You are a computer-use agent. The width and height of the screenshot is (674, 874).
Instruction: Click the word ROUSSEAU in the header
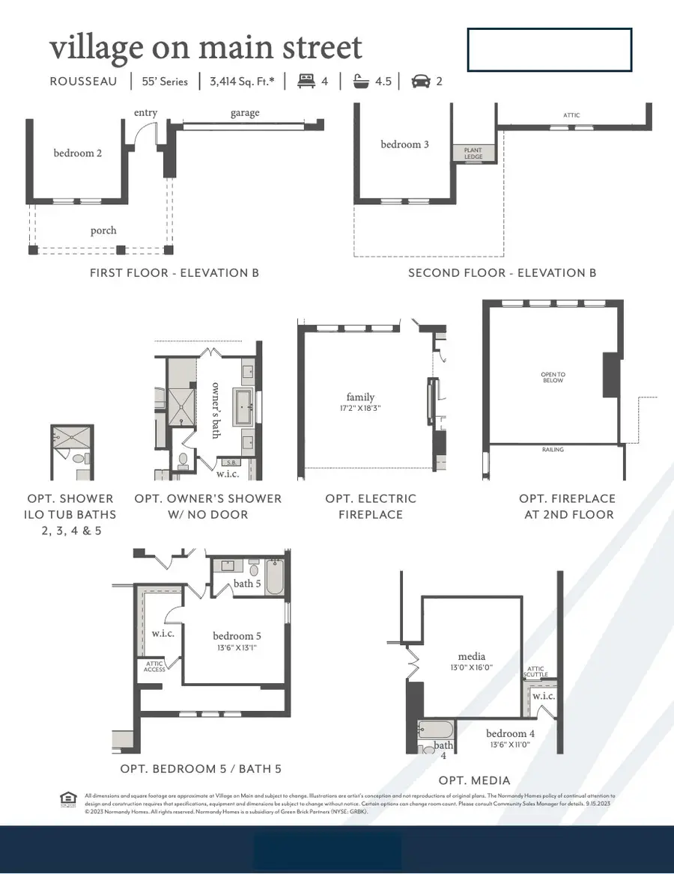83,81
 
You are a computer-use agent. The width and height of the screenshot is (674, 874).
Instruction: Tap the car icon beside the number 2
422,81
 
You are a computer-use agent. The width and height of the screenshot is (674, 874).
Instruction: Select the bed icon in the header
306,81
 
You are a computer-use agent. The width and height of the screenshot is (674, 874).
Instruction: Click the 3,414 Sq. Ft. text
242,81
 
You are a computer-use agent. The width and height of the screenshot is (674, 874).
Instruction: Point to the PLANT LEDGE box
473,153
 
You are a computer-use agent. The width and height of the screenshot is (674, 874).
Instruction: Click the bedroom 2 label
77,153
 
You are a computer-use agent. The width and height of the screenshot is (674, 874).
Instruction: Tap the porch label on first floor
103,230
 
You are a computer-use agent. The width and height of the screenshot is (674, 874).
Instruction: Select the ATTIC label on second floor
571,115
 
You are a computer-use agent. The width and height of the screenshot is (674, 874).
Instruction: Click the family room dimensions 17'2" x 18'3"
360,409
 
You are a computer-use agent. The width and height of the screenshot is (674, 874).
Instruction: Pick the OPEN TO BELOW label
553,377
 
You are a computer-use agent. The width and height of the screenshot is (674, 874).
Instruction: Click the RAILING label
553,450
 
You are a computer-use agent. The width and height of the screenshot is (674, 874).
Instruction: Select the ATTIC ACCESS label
154,666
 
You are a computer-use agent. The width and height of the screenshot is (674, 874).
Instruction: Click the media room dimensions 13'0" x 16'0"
472,667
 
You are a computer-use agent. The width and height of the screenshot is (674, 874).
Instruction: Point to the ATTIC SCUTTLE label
536,672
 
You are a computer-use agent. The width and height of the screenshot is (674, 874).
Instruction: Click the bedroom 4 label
511,733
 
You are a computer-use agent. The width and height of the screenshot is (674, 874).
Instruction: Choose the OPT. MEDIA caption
474,780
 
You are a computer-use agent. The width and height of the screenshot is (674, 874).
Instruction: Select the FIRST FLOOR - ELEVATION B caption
174,273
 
